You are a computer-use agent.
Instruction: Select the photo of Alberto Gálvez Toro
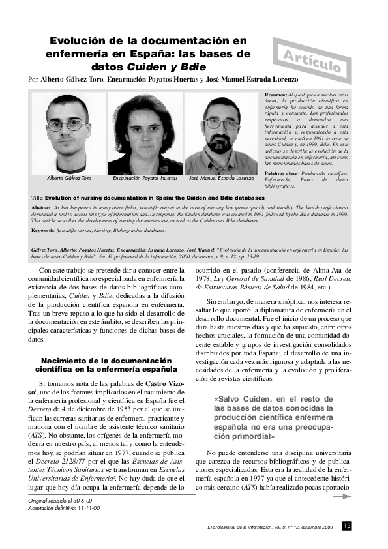68,133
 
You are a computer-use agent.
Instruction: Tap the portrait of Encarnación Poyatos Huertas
145,133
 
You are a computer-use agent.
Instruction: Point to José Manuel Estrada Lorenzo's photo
222,133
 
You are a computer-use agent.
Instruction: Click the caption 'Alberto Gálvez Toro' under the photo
69,178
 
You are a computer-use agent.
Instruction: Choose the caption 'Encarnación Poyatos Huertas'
145,178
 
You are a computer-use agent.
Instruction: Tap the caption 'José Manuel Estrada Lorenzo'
222,178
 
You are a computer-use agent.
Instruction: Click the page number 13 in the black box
347,526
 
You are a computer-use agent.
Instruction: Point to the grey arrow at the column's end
342,496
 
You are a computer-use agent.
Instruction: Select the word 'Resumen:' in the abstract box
278,95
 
